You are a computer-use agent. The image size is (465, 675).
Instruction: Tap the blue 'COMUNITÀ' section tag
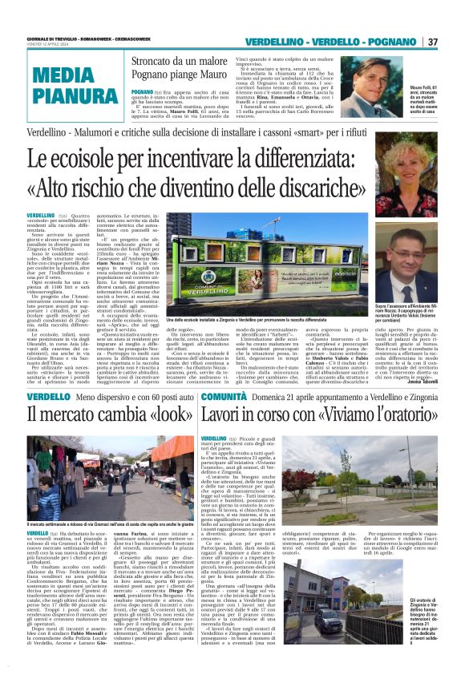click(228, 397)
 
